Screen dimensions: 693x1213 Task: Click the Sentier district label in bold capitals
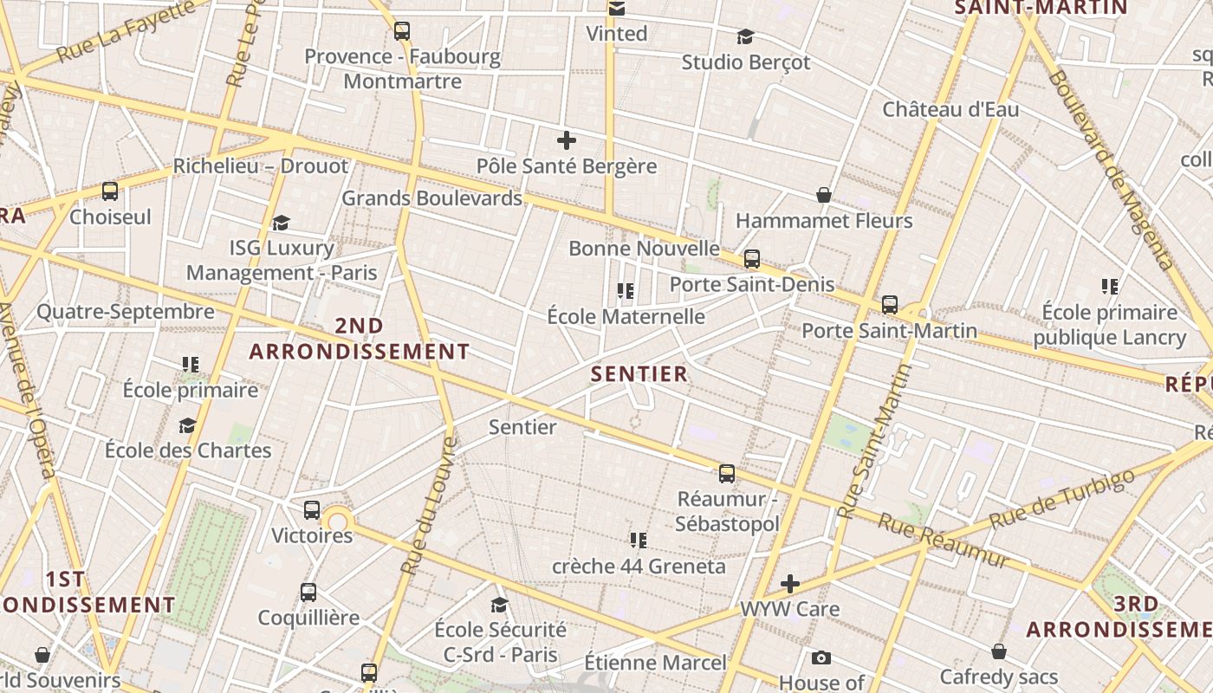click(639, 374)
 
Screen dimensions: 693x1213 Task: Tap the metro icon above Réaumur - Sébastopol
click(727, 473)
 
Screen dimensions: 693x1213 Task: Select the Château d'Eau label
click(950, 110)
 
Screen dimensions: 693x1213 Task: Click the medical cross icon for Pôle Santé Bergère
click(567, 139)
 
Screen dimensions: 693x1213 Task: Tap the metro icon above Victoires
click(312, 510)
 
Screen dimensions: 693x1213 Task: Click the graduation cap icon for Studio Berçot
click(745, 36)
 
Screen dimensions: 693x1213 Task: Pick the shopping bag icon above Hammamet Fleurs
click(824, 195)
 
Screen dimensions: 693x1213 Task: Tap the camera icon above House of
click(821, 658)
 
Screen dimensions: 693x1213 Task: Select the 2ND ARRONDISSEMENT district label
click(359, 339)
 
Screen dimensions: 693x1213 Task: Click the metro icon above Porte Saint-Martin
click(890, 304)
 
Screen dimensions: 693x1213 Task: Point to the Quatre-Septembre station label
click(126, 312)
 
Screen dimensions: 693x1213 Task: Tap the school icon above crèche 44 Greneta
click(639, 541)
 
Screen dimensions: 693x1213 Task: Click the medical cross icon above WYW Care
click(789, 584)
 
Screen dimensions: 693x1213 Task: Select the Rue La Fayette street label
click(126, 32)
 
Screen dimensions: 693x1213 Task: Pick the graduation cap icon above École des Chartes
click(187, 424)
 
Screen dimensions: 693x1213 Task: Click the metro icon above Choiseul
click(110, 191)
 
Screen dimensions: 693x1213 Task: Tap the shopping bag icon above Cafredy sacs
click(999, 651)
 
